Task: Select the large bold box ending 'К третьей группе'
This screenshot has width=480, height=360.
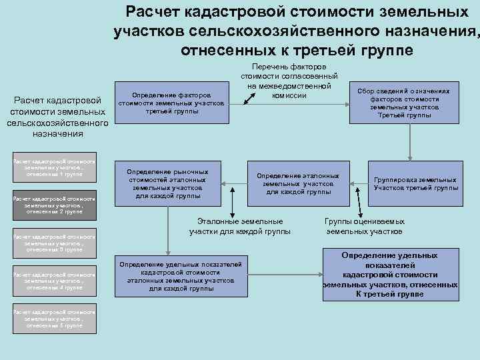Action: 390,275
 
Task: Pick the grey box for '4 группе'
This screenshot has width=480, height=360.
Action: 55,281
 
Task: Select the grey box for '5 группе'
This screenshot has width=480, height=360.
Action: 55,319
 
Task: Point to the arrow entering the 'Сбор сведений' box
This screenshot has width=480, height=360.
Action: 345,103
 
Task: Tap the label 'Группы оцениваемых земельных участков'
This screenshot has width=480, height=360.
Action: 364,227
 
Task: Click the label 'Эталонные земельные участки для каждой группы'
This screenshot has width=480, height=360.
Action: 239,227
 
